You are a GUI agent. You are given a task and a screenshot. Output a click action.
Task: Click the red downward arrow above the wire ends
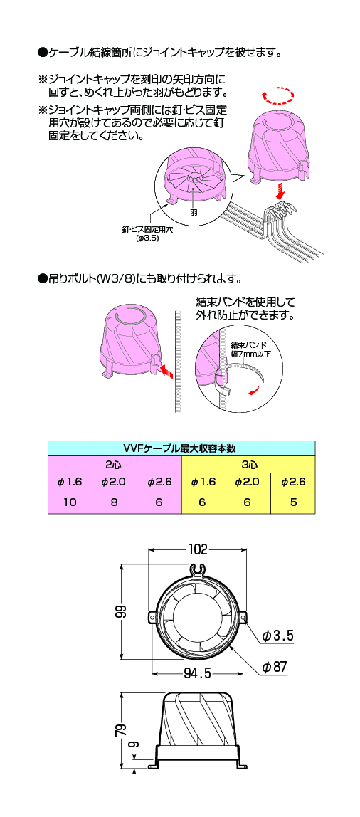coord(281,192)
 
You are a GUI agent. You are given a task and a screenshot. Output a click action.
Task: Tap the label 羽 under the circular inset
coord(194,213)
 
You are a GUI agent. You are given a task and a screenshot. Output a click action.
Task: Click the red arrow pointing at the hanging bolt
coord(165,371)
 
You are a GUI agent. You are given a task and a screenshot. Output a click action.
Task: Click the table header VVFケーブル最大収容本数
coord(181,448)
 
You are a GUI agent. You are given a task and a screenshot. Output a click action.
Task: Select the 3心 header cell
coord(248,465)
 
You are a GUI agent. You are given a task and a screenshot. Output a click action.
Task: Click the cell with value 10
coord(70,502)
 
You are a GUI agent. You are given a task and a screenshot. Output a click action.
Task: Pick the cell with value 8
coord(114,502)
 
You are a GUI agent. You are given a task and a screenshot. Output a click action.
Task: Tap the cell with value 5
coord(293,502)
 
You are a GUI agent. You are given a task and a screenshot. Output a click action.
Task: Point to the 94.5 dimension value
coord(198,674)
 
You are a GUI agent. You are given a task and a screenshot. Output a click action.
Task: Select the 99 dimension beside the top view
coord(120,611)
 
